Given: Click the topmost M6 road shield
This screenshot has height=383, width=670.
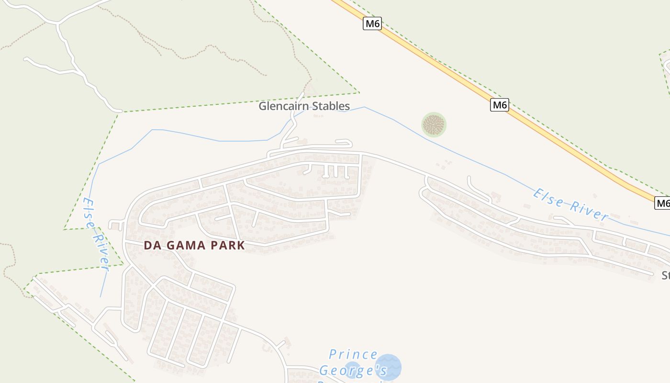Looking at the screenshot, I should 372,23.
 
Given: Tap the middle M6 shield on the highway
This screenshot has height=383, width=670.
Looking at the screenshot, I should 499,105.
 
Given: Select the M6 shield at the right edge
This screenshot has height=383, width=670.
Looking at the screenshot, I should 663,203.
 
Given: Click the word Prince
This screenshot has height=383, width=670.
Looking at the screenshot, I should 354,355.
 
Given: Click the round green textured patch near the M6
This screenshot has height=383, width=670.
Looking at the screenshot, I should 434,124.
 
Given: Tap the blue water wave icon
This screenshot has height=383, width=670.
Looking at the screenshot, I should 388,367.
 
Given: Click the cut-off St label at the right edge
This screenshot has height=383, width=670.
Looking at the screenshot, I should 666,275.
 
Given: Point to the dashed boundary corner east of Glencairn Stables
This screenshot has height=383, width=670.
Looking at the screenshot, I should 358,92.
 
